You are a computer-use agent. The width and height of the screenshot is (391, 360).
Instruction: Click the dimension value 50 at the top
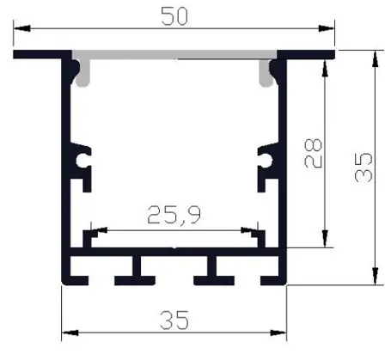click(174, 15)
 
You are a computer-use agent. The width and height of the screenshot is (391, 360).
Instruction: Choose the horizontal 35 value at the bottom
click(174, 320)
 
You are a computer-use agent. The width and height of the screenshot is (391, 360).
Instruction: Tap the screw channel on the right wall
click(265, 158)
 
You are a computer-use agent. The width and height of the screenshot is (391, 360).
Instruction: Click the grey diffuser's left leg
click(83, 76)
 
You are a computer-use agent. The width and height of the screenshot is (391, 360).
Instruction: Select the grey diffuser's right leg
click(265, 76)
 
